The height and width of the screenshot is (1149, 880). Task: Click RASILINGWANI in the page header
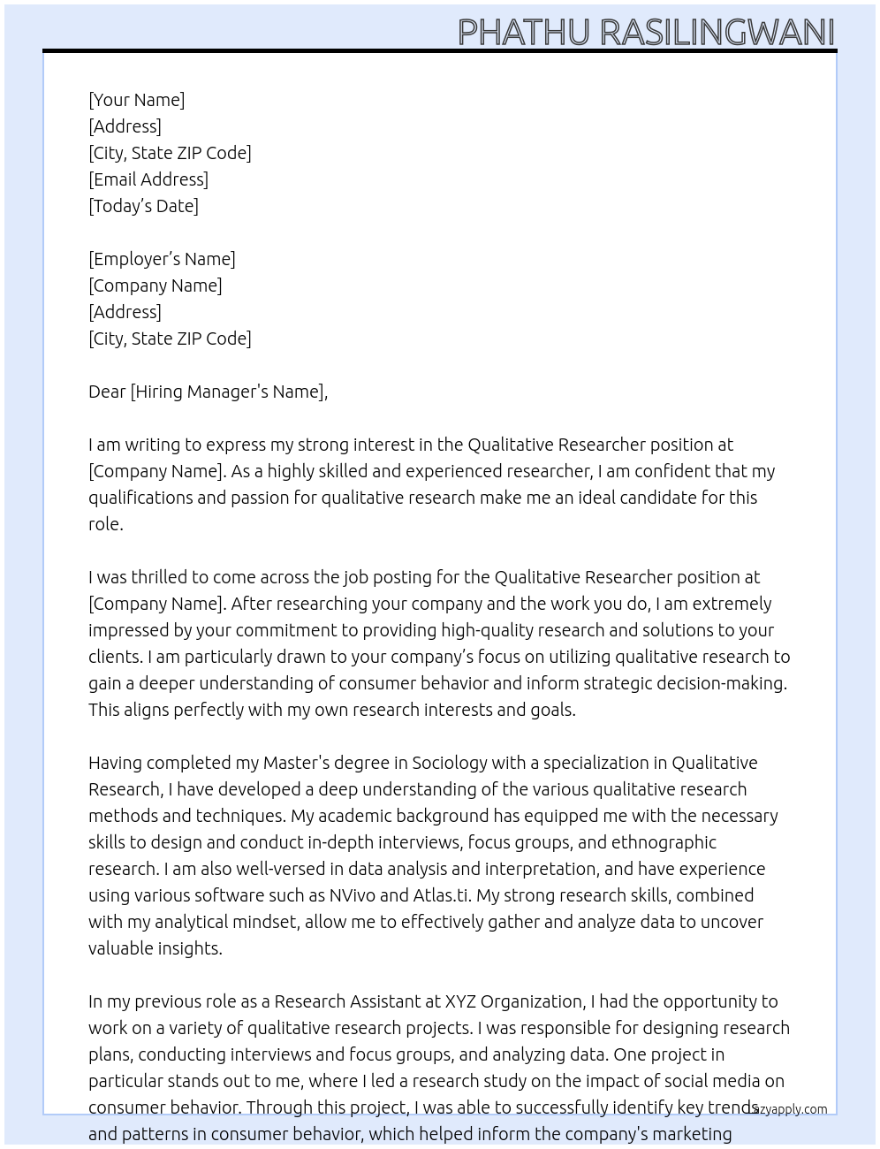point(717,33)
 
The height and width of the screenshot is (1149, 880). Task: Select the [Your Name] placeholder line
point(136,100)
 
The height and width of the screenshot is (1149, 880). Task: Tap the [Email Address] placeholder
point(148,179)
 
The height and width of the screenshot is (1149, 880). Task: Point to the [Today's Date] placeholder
point(143,206)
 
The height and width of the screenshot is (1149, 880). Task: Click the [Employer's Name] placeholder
point(162,259)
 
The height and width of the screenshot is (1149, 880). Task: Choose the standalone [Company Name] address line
point(155,285)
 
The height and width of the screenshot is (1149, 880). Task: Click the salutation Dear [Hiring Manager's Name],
point(208,392)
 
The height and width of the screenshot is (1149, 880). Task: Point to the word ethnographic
point(664,842)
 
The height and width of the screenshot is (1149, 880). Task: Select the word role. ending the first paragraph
point(106,524)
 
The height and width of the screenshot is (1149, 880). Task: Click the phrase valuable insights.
point(155,948)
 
